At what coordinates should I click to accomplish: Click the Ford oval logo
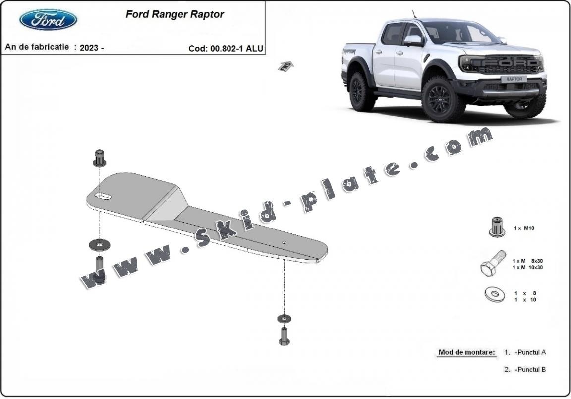point(48,19)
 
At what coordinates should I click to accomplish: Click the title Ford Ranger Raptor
point(174,14)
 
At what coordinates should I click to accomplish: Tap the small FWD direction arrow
point(286,66)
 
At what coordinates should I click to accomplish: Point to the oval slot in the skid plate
point(104,197)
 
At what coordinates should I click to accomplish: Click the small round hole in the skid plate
point(284,242)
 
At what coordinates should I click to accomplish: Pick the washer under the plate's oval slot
point(100,244)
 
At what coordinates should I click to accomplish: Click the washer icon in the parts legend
point(494,295)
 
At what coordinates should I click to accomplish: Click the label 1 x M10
point(523,228)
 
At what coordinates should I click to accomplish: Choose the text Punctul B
point(530,369)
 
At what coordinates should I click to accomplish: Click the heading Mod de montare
point(466,353)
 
